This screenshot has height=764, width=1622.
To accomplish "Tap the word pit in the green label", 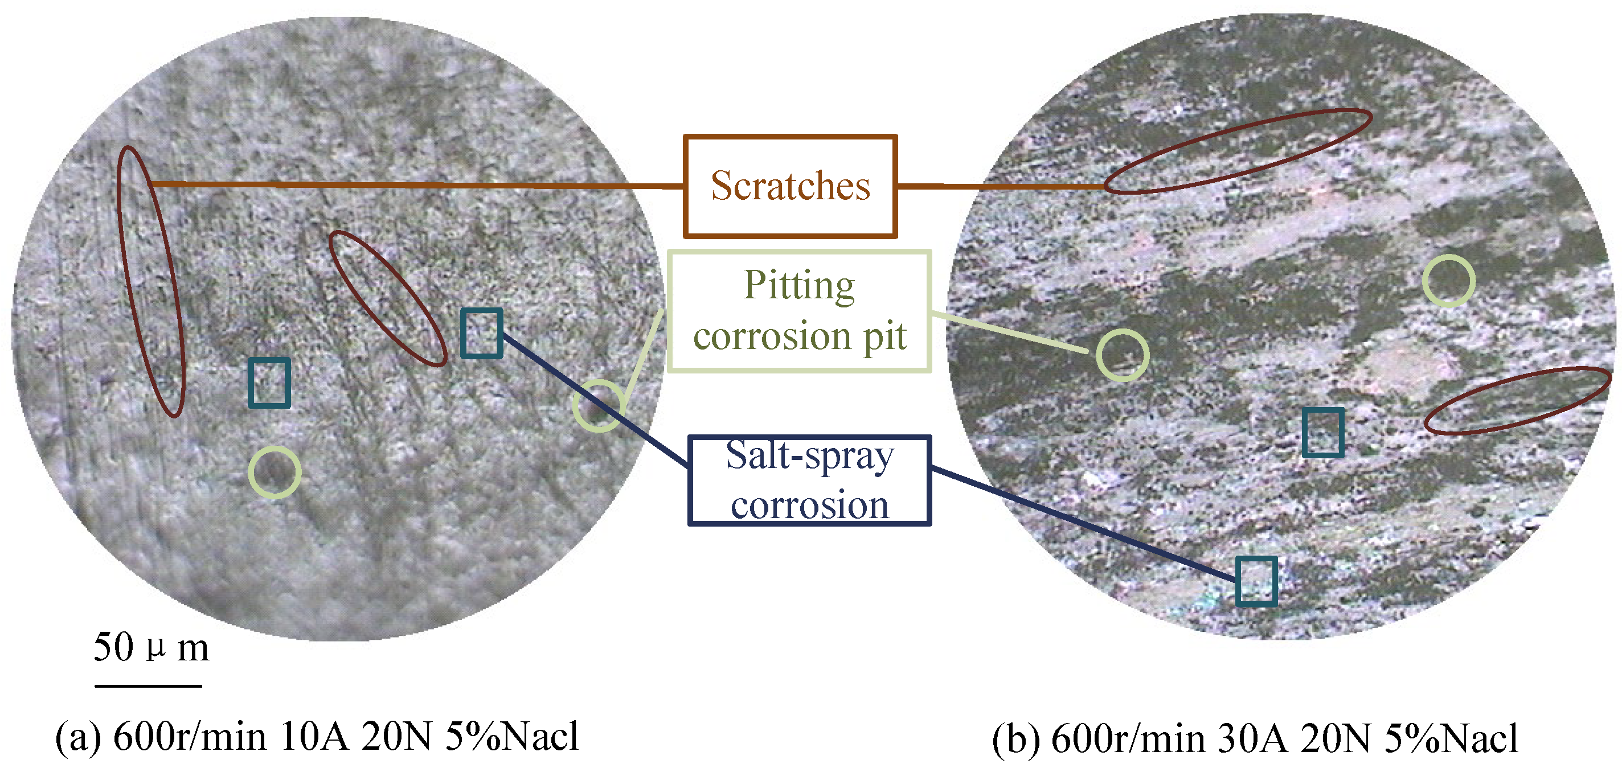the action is click(884, 336).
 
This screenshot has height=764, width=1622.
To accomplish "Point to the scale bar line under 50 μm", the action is click(148, 685).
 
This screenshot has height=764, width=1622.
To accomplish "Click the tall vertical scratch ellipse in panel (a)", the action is click(150, 281).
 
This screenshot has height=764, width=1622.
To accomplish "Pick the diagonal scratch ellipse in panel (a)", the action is click(387, 298).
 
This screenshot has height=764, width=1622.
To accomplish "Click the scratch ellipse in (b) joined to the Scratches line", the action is click(1237, 151).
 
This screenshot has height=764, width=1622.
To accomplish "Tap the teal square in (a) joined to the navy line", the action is click(481, 333).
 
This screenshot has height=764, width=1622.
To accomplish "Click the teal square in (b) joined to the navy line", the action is click(1256, 581).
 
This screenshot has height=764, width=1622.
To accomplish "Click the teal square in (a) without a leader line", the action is click(269, 383).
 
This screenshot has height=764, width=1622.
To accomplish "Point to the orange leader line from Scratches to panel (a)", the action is click(416, 185).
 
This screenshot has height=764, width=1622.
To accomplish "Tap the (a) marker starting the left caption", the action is click(77, 736).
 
